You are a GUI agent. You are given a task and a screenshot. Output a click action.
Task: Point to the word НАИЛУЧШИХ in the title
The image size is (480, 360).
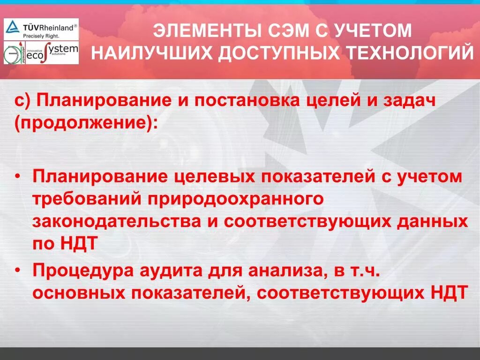[x=150, y=53]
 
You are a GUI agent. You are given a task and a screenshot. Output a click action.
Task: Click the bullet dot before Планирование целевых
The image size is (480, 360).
[x=18, y=178]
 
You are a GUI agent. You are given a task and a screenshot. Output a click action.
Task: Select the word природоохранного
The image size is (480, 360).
[x=235, y=199]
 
